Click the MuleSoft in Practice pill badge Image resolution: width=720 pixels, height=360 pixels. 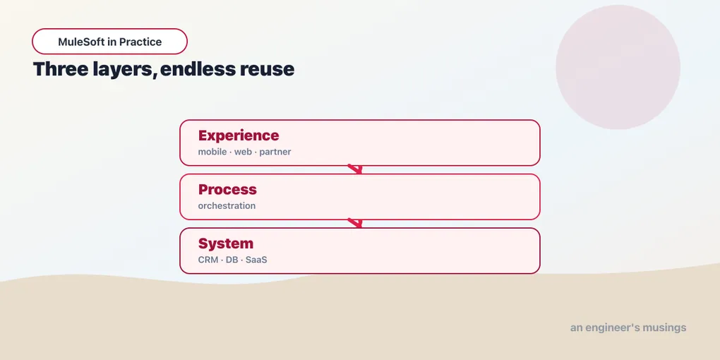(109, 42)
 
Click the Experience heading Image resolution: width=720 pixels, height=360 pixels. (239, 136)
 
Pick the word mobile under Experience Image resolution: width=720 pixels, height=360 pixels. (212, 152)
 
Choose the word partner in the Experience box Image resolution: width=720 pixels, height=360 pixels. (275, 152)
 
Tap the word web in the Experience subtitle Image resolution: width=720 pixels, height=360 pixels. (243, 152)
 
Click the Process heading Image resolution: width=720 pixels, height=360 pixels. (227, 189)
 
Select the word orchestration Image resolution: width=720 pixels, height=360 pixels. (227, 205)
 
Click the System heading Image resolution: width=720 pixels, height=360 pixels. (225, 244)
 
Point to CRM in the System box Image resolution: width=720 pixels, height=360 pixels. (208, 260)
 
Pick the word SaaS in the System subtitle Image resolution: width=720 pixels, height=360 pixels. (256, 260)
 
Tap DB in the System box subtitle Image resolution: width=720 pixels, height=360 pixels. (232, 260)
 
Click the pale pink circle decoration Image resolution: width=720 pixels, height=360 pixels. (618, 67)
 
